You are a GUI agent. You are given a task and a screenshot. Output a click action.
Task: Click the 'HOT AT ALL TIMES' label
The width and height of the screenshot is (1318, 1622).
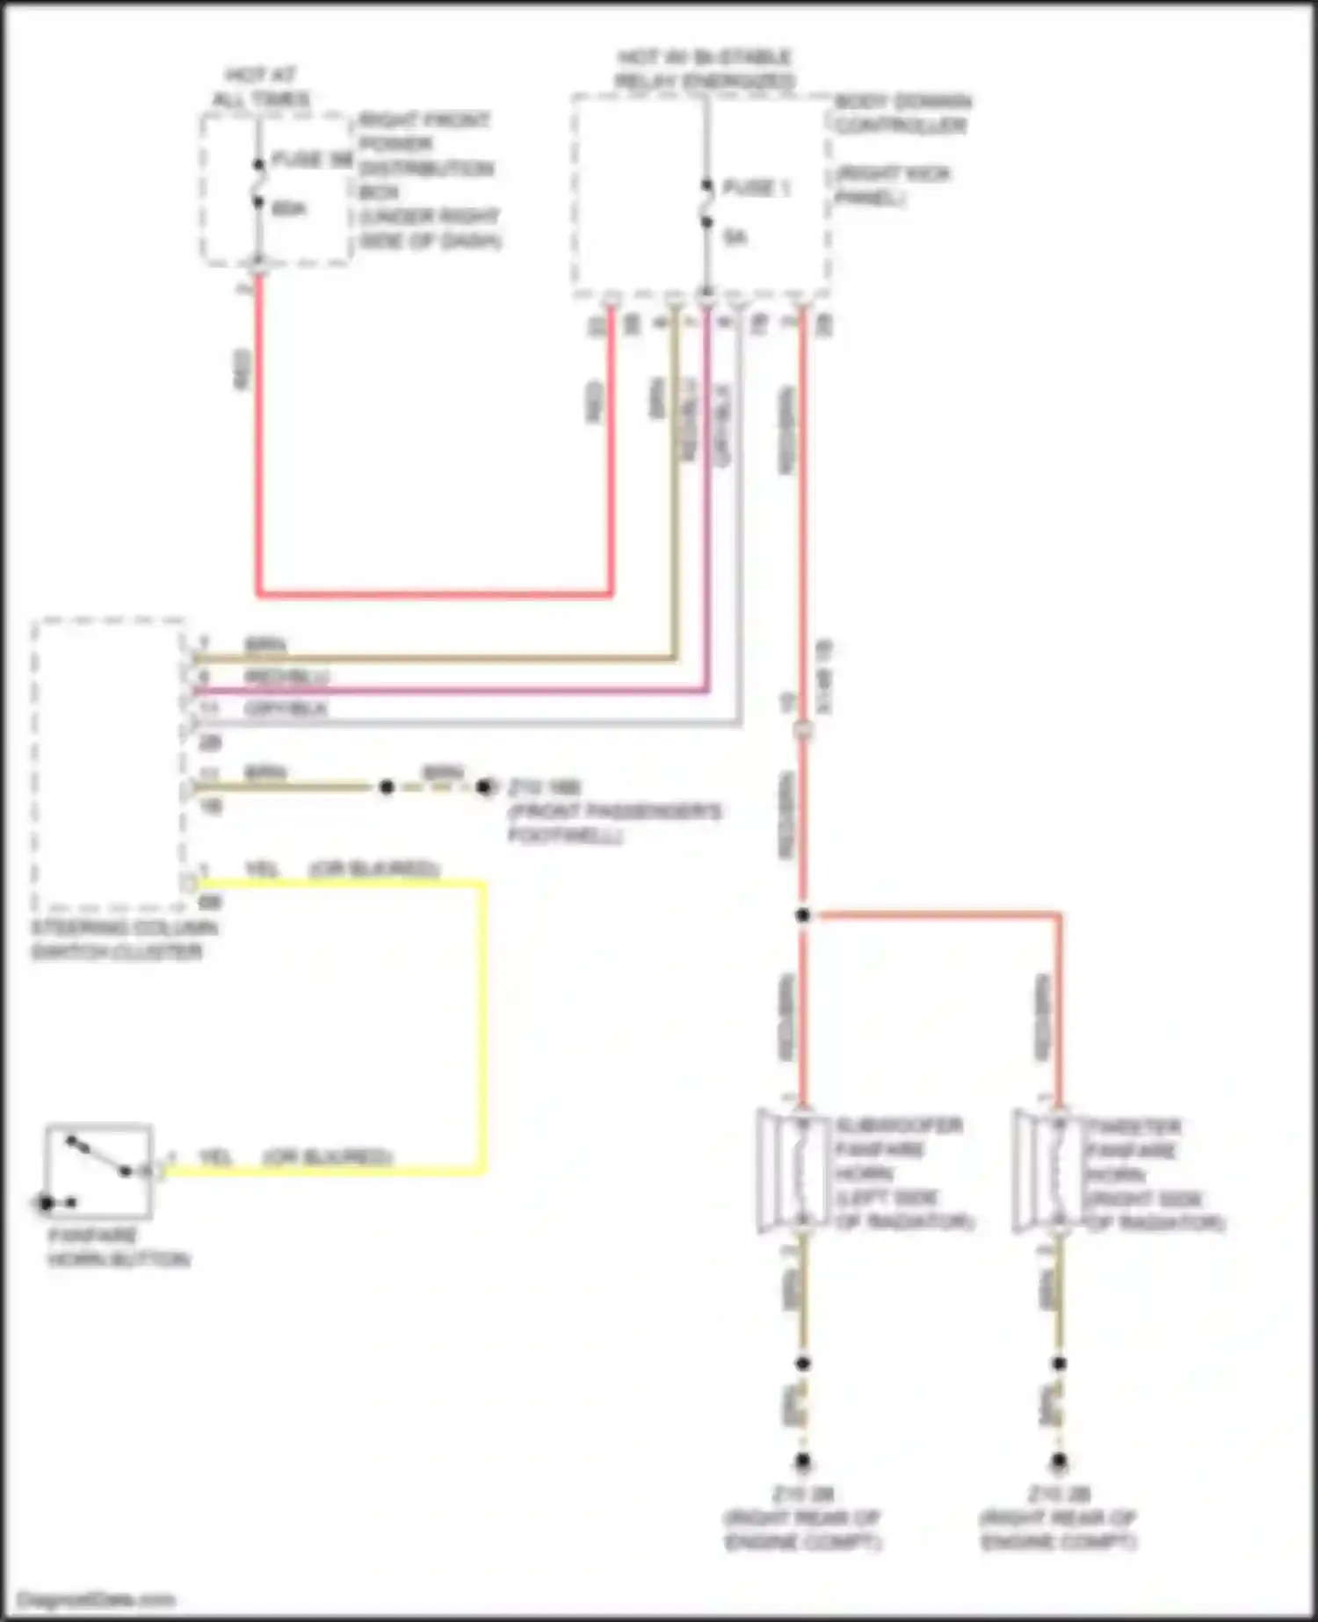(x=261, y=87)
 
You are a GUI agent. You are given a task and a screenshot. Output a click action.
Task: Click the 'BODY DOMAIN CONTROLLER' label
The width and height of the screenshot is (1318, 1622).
(x=902, y=113)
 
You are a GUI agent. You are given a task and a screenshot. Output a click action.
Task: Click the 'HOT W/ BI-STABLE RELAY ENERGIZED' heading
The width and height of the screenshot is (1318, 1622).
(x=705, y=69)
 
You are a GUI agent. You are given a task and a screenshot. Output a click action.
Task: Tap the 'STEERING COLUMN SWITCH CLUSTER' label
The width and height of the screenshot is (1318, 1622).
(x=124, y=940)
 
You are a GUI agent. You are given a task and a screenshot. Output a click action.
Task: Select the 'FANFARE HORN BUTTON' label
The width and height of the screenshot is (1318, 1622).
(x=119, y=1247)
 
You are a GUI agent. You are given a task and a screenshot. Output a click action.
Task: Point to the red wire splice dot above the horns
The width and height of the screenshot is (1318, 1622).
(x=802, y=916)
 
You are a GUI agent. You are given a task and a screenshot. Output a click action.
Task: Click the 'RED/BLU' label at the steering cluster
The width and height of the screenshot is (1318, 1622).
(x=286, y=677)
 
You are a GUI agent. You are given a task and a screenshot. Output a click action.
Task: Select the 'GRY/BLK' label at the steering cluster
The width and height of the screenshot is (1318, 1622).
(x=286, y=708)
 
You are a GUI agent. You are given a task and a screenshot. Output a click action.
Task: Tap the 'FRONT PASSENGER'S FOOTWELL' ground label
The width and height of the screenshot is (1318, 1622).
(x=614, y=822)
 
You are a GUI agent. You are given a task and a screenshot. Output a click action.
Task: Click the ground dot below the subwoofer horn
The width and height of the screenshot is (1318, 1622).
(x=802, y=1463)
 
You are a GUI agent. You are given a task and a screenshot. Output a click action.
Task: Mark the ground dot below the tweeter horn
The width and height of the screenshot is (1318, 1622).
(x=1059, y=1463)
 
